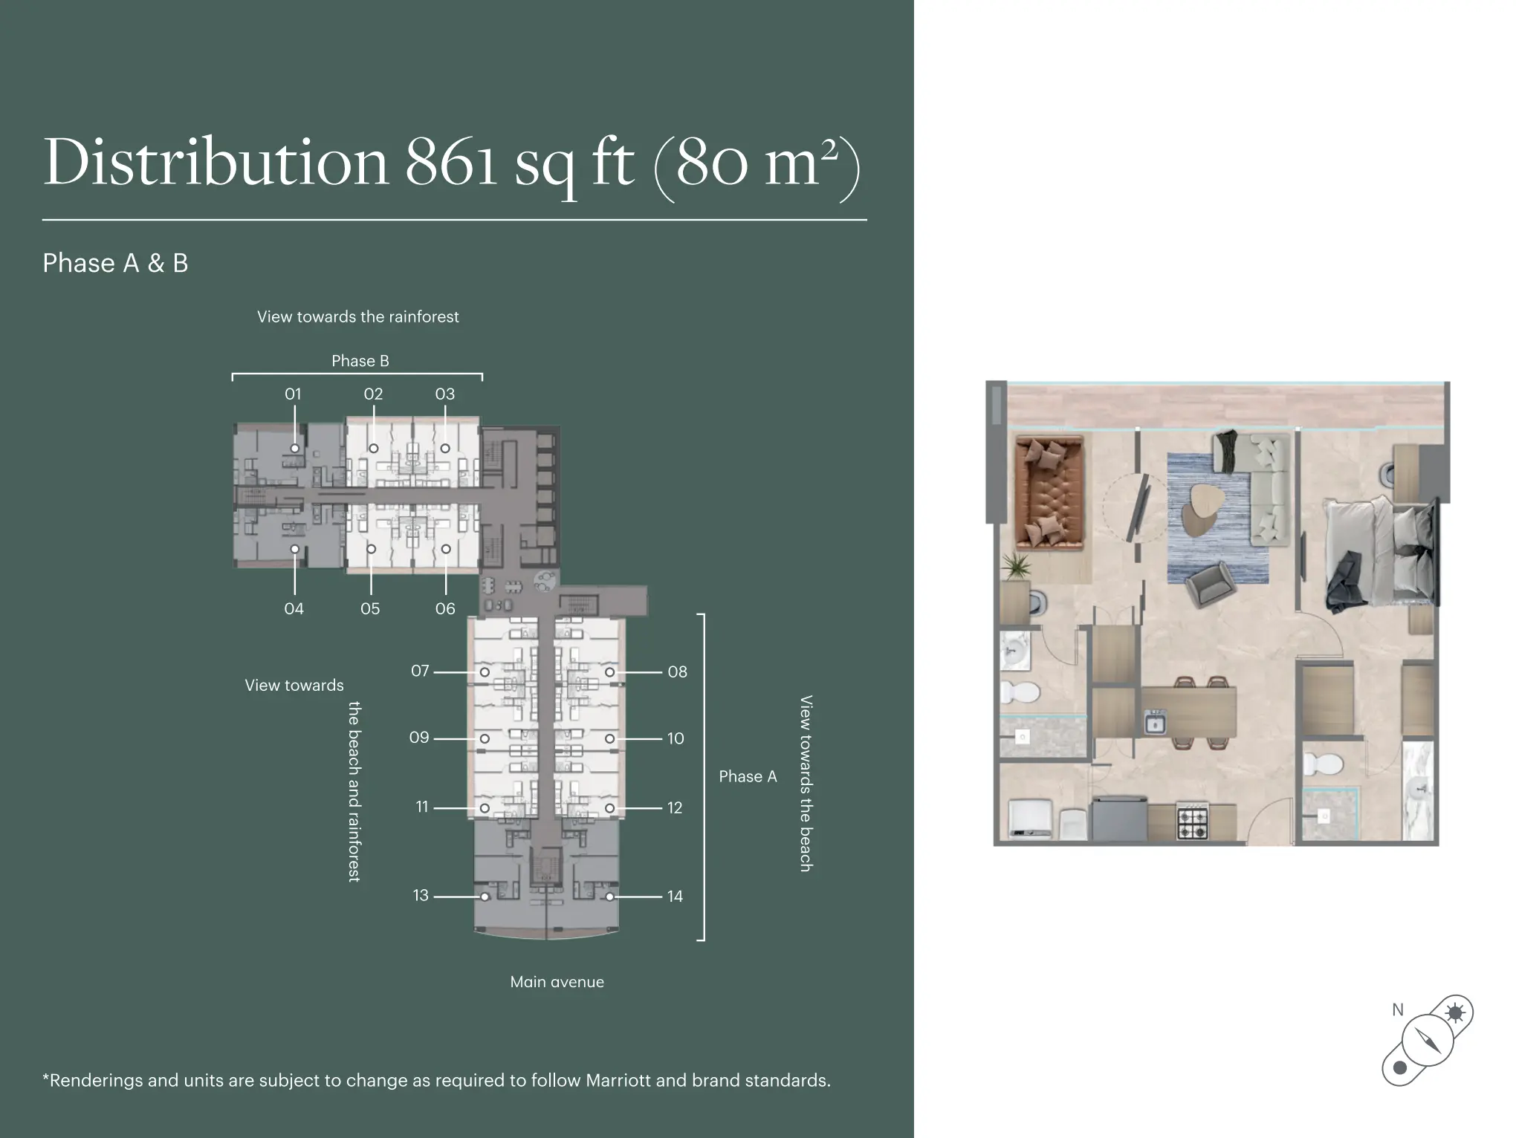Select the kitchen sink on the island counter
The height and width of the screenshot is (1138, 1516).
(1155, 722)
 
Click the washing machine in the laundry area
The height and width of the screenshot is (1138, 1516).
(1030, 819)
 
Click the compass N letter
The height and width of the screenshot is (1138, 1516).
(1398, 1010)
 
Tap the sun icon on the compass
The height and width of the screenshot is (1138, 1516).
(1454, 1012)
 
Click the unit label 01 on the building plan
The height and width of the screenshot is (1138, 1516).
(293, 394)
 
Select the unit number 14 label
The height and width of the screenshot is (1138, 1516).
(675, 897)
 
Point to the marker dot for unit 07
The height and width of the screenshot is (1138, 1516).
(485, 672)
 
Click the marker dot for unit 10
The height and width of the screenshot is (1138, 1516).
(609, 739)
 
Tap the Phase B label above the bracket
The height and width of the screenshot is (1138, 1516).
(360, 361)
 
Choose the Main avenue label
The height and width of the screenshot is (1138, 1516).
(557, 982)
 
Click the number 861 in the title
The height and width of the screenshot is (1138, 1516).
(451, 162)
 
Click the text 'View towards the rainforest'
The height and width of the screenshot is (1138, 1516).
(358, 317)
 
